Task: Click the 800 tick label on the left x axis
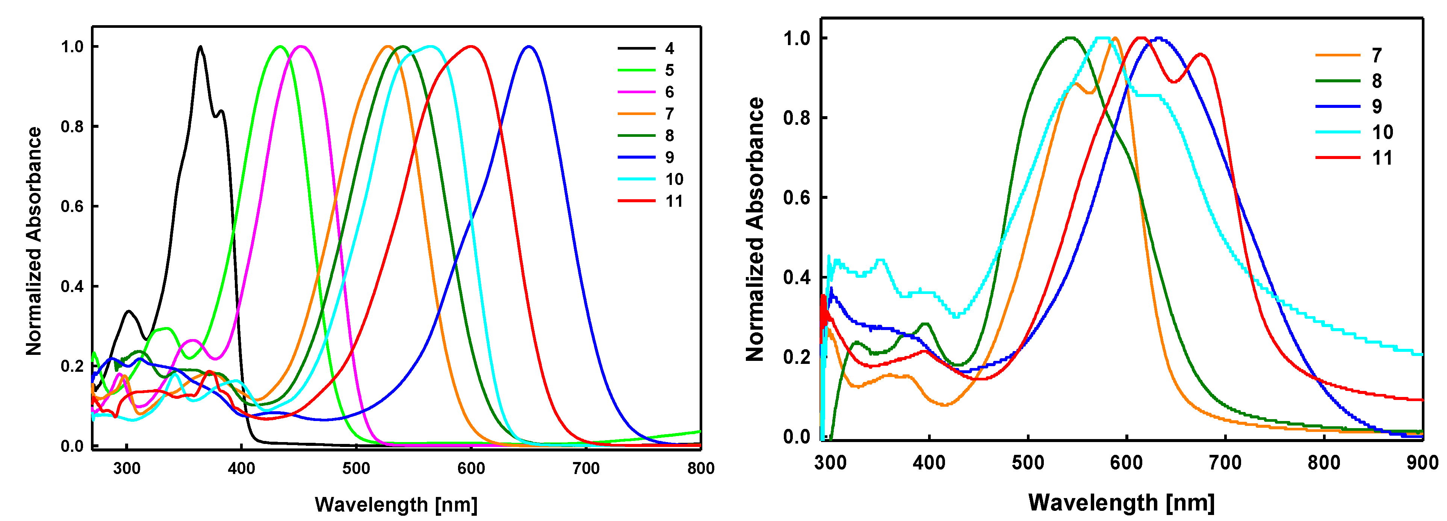[x=700, y=468]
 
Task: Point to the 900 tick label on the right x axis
[x=1422, y=463]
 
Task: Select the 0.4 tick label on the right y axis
[x=797, y=277]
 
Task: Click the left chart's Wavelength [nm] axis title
[x=396, y=504]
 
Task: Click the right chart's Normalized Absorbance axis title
[x=755, y=229]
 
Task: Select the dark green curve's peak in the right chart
[x=1070, y=38]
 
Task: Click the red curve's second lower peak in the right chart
[x=1201, y=55]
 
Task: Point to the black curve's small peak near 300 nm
[x=129, y=311]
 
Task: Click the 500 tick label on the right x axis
[x=1028, y=463]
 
